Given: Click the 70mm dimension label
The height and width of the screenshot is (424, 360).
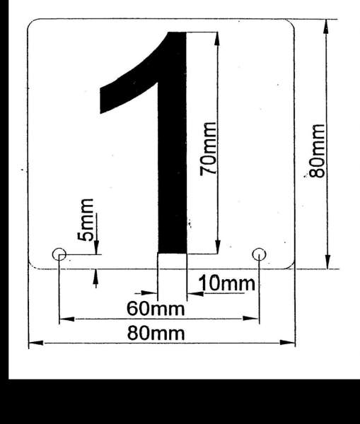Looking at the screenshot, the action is coord(209,149).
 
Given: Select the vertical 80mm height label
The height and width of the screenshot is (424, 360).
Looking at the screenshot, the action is coord(317,151).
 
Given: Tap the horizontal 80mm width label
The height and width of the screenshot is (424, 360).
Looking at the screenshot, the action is coord(156,333).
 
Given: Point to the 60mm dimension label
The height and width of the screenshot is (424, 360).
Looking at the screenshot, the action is coord(156,309).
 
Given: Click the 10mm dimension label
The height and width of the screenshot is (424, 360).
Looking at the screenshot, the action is coord(227,283).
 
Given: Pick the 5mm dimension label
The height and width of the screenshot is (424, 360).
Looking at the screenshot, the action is coord(86,220).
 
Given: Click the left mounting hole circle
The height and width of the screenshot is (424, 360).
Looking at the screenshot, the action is coord(59,254).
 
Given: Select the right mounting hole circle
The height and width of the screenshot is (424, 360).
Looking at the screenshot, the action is coord(259,254).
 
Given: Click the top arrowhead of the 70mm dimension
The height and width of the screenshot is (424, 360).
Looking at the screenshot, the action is coord(217,40).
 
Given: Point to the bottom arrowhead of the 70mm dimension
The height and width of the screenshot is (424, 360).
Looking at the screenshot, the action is coord(217,247).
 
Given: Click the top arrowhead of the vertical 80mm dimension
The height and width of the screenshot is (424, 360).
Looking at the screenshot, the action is coord(327,27).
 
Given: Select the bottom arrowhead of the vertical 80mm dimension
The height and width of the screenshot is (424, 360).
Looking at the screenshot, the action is coord(327,261).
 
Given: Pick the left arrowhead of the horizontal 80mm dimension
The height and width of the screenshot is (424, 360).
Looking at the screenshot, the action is coord(36,343).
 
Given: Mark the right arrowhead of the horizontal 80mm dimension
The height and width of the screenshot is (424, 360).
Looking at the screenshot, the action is coord(287,343).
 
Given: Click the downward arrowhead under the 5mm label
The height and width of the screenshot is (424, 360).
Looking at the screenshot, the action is coord(96,247).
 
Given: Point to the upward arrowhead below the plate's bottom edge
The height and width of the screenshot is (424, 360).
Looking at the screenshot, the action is coord(95,276).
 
